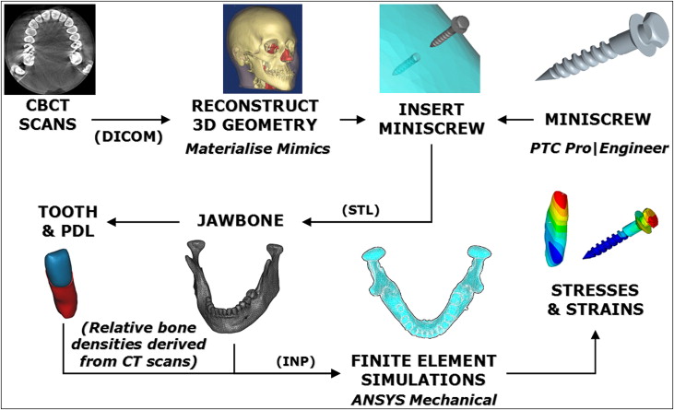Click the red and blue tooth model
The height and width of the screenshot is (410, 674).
tap(62, 281)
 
